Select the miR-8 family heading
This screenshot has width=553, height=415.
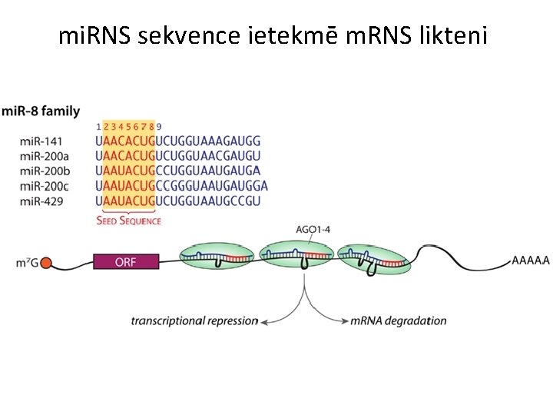tap(41, 111)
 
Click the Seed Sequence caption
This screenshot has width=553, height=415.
tap(129, 221)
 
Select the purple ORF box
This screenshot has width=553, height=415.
tap(126, 262)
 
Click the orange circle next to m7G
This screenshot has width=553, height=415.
tap(46, 263)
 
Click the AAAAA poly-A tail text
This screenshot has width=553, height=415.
tap(531, 261)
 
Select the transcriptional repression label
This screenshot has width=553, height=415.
tap(194, 320)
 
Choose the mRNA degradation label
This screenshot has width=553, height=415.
tap(398, 320)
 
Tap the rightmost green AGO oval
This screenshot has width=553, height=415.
tap(376, 257)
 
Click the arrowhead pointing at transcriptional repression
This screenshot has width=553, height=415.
tap(264, 320)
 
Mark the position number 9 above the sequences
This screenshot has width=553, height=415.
tap(159, 126)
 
